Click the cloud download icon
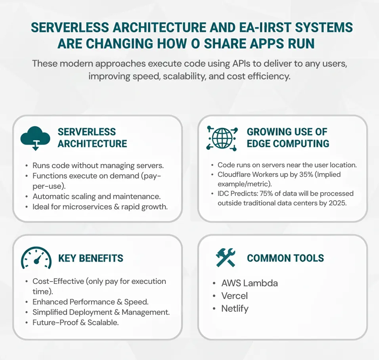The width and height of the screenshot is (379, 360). click(x=35, y=138)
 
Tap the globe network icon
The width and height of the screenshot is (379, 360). click(x=222, y=138)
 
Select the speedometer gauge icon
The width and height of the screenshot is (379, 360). click(x=36, y=259)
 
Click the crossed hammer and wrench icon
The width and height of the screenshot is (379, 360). click(x=226, y=258)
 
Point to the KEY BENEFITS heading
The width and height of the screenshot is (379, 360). click(x=91, y=258)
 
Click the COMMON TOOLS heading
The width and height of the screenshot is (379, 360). click(x=285, y=258)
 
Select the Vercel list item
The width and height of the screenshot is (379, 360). click(x=235, y=296)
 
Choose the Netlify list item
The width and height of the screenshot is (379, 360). click(x=235, y=308)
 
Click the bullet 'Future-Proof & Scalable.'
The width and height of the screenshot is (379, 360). click(x=75, y=322)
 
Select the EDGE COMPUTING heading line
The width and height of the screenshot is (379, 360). click(x=288, y=144)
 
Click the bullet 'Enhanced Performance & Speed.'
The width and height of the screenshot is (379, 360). click(x=90, y=302)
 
